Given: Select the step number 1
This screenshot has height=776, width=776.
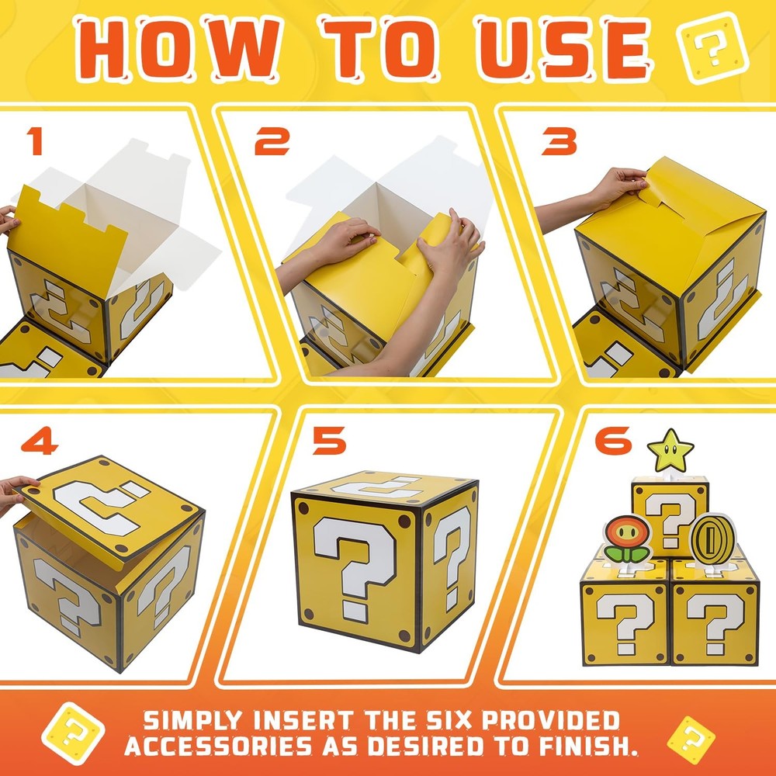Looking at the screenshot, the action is coord(35,140).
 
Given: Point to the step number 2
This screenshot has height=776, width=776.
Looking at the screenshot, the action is coord(272,140).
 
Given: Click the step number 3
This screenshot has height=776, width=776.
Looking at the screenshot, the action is coord(559,140).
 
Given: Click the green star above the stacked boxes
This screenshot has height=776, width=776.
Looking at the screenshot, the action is coord(670,451).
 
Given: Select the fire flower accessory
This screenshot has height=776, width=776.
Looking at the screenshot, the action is coord(628,539).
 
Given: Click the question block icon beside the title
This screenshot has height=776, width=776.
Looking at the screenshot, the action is coord(712,47).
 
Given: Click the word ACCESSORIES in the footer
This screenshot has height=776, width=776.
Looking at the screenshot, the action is coord(218,746).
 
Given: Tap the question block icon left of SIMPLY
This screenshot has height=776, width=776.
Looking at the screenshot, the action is coord(73,733).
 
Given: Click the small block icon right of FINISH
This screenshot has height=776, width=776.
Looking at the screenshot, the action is coord(691,740).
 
